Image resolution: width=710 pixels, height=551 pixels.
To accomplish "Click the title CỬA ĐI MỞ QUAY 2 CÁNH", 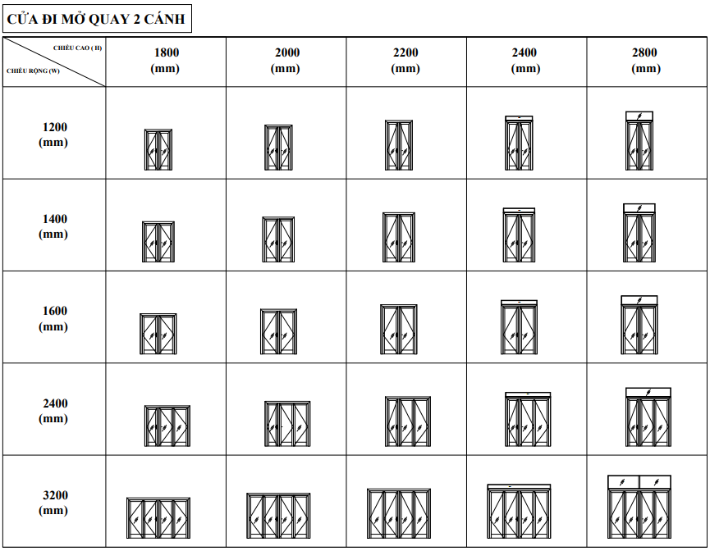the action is point(96,19).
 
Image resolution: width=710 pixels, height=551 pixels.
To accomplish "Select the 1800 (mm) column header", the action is point(165,60).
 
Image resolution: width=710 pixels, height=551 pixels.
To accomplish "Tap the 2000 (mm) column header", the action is point(286,60).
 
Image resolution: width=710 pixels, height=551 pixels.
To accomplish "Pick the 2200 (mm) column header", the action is point(405,60).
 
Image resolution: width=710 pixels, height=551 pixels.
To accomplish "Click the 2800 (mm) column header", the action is point(646,60).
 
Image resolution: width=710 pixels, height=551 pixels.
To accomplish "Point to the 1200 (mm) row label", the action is point(53,134).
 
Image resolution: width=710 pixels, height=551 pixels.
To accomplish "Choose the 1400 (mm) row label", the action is point(53,226).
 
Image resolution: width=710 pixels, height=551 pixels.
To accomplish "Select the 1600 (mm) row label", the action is point(53,318).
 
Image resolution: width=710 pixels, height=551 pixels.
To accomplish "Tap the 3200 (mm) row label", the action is point(53,503).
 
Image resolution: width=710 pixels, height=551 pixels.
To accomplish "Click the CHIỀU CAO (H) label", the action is point(77,48).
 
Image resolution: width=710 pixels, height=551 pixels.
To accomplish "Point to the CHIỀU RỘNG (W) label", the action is point(33,71).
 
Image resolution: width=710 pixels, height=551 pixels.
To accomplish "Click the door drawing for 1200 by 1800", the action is point(158,150).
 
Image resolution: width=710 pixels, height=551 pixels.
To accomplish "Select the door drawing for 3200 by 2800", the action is point(639,507).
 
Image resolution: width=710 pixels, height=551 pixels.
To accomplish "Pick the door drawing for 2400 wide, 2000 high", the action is point(287,424).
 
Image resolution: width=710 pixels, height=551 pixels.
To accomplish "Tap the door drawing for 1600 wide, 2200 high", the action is point(399,330).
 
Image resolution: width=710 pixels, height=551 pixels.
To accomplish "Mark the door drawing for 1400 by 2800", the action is point(639,233).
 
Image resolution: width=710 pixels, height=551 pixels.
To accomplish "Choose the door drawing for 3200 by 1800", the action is point(158,518).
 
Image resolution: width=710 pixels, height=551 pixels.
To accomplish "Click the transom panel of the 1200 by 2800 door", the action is point(639,116).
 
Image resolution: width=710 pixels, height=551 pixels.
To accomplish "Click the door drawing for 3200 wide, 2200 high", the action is point(399,513).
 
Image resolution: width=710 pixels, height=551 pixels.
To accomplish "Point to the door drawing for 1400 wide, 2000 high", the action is point(278,239).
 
